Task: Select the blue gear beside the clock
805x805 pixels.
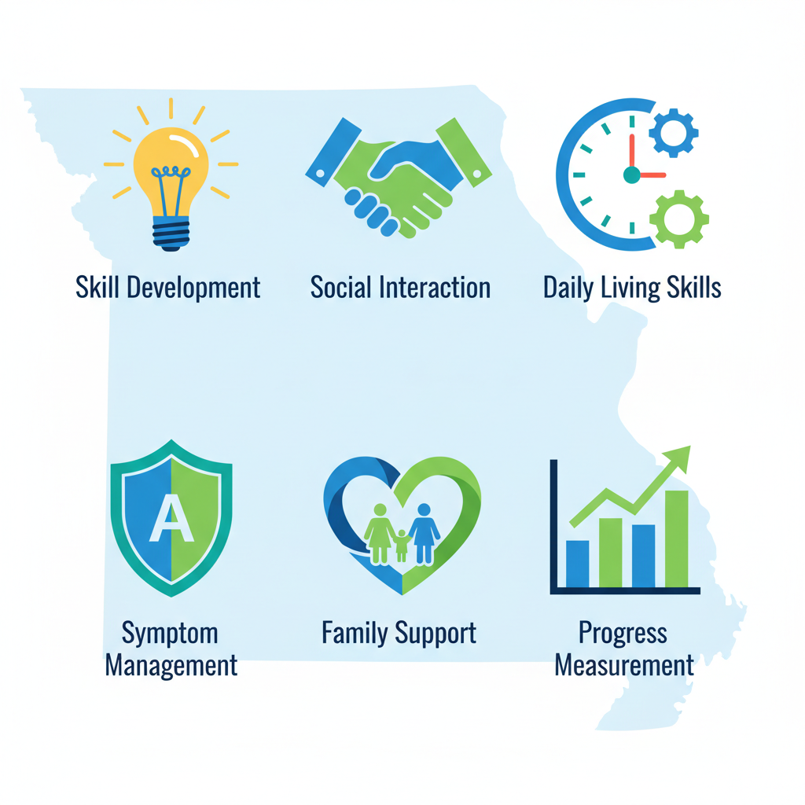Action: [673, 131]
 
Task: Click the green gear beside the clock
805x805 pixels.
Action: [679, 219]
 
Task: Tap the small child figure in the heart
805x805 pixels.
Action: [402, 545]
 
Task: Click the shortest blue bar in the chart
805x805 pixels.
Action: [577, 564]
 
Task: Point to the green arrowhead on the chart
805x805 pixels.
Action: [678, 458]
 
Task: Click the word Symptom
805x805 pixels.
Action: [171, 633]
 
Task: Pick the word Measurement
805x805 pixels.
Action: [624, 665]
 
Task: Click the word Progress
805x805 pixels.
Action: [623, 633]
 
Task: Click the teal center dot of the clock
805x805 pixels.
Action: [631, 175]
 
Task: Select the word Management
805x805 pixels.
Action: [171, 665]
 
